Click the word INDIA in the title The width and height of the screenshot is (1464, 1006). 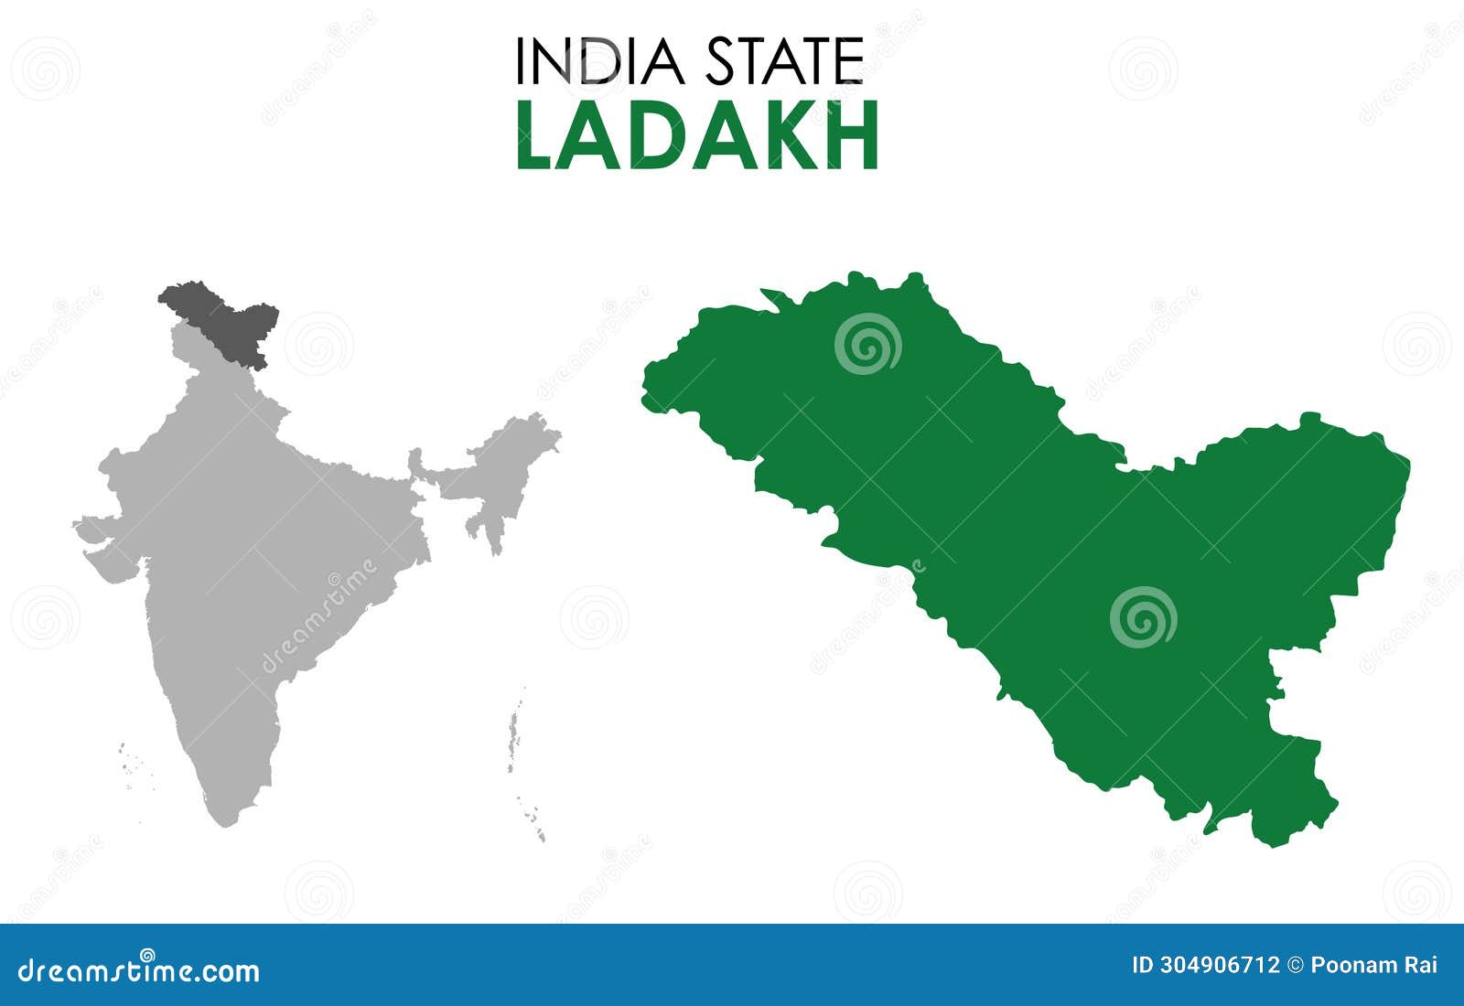click(x=599, y=61)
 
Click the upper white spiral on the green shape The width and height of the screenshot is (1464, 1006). click(x=867, y=343)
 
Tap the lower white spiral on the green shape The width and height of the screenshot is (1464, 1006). click(x=1143, y=617)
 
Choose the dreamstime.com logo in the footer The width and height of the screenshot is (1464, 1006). click(x=139, y=969)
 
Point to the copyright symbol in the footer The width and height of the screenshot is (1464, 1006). click(x=1295, y=965)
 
